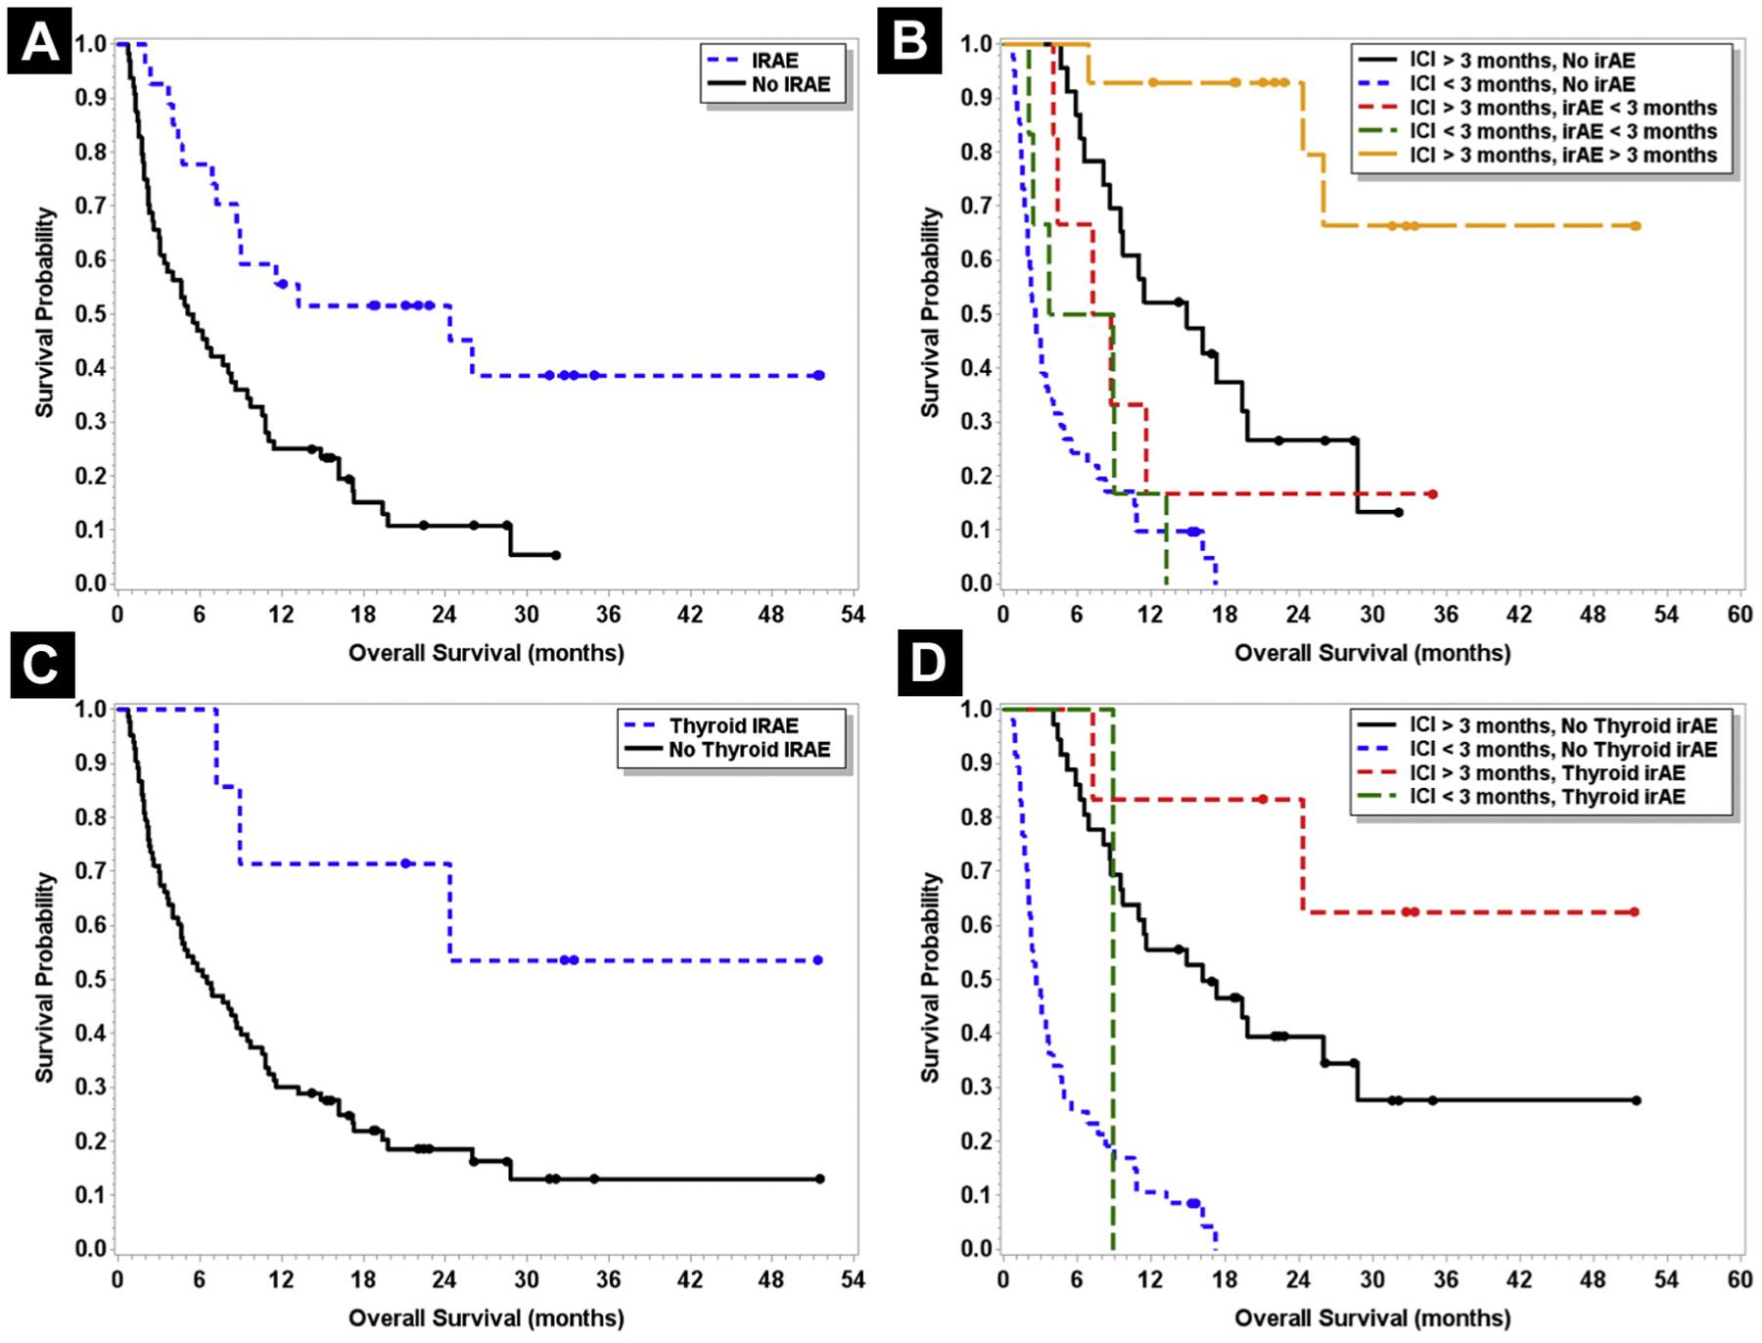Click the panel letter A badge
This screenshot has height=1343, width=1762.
pos(39,42)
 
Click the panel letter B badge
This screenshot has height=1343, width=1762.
pos(909,42)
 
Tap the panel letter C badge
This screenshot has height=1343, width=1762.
pos(42,665)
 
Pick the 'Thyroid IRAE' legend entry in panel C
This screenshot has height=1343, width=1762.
pos(733,726)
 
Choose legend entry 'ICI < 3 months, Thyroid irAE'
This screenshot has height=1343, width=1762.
pos(1547,797)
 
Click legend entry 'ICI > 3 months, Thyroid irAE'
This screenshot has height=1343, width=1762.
pos(1547,773)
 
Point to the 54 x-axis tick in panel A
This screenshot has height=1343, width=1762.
pos(853,615)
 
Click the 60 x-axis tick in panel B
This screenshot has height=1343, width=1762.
pos(1739,615)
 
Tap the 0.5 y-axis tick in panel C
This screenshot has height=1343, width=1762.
pos(90,979)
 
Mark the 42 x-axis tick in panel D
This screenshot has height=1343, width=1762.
pos(1518,1279)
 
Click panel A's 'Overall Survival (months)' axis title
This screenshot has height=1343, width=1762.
pos(487,653)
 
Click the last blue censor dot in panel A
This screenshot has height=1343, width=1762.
pos(819,376)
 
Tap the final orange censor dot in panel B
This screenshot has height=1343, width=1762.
pos(1636,226)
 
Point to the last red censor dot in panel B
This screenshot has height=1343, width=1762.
pos(1432,494)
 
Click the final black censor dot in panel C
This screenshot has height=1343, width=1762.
pos(819,1179)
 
